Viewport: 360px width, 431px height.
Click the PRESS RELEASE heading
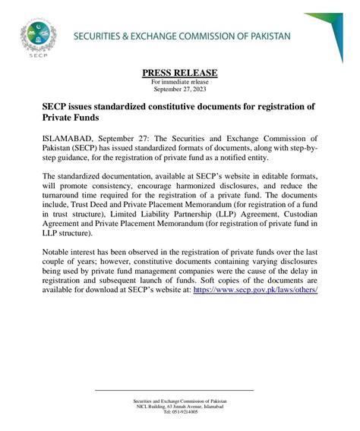point(179,73)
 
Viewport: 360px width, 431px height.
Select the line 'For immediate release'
point(179,80)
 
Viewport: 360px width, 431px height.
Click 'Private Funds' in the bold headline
point(71,119)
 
